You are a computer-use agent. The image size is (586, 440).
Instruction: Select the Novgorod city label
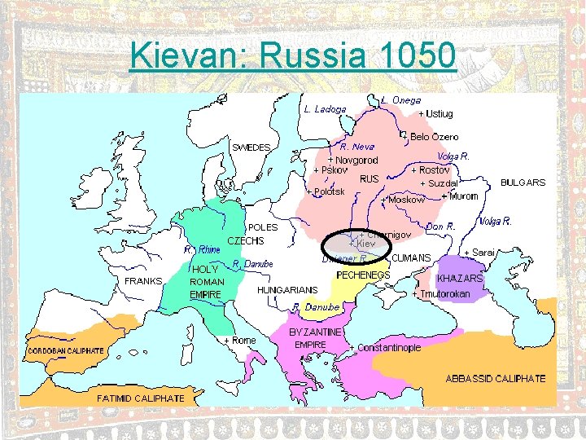pyautogui.click(x=353, y=160)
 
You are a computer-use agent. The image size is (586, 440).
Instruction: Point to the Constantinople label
pyautogui.click(x=385, y=348)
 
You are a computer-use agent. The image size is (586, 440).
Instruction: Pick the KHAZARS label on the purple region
pyautogui.click(x=461, y=279)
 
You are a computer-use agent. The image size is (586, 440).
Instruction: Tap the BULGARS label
pyautogui.click(x=523, y=183)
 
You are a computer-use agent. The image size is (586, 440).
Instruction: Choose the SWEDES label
pyautogui.click(x=251, y=147)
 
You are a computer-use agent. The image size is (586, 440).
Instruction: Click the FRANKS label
pyautogui.click(x=143, y=281)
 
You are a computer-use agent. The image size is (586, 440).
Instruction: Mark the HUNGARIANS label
pyautogui.click(x=287, y=289)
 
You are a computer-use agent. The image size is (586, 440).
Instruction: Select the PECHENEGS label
pyautogui.click(x=363, y=275)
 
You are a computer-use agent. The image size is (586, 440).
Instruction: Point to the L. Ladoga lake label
pyautogui.click(x=325, y=108)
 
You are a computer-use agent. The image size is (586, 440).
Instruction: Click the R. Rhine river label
pyautogui.click(x=202, y=249)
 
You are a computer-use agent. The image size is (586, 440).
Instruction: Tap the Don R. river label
pyautogui.click(x=439, y=226)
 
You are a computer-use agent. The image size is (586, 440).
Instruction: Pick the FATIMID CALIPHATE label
pyautogui.click(x=141, y=398)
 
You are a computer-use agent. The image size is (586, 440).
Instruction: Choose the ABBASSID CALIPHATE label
pyautogui.click(x=496, y=379)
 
